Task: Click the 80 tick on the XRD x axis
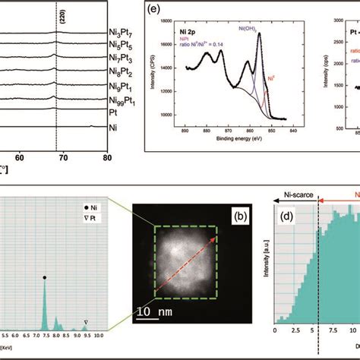click(108, 157)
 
